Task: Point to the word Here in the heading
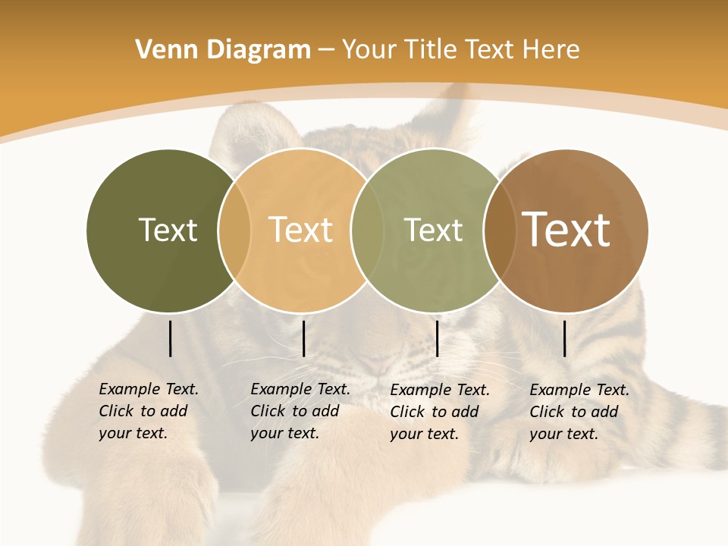551,50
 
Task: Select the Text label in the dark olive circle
168,230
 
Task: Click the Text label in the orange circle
301,230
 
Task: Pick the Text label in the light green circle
433,230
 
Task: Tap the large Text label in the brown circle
566,230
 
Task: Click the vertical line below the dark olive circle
170,338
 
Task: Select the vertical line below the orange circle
303,338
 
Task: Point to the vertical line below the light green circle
437,338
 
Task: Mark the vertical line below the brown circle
564,338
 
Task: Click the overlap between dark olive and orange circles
234,230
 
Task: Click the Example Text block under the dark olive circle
149,411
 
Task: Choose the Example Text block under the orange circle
300,411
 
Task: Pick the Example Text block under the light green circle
440,412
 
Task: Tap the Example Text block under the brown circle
579,412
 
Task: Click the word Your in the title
370,50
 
